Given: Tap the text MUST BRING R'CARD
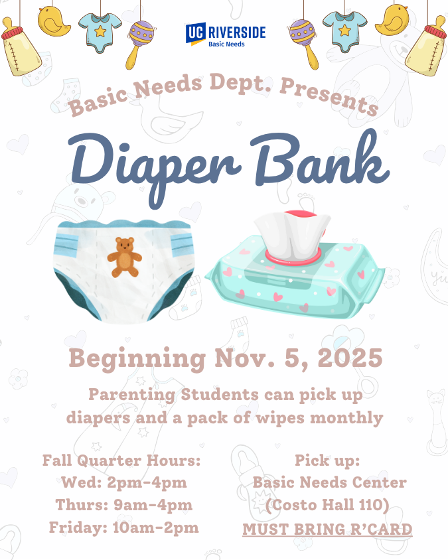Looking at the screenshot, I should (327, 529).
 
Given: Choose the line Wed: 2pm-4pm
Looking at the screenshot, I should (123, 482).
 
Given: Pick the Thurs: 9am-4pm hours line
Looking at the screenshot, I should (123, 505).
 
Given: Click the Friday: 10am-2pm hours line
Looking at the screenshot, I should (123, 527).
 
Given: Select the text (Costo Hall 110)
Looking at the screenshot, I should (327, 506).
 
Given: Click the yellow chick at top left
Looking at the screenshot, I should (54, 21).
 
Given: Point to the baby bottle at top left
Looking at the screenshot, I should (20, 46).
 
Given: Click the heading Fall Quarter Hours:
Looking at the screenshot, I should (121, 460).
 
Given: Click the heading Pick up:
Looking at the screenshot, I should (327, 460).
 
